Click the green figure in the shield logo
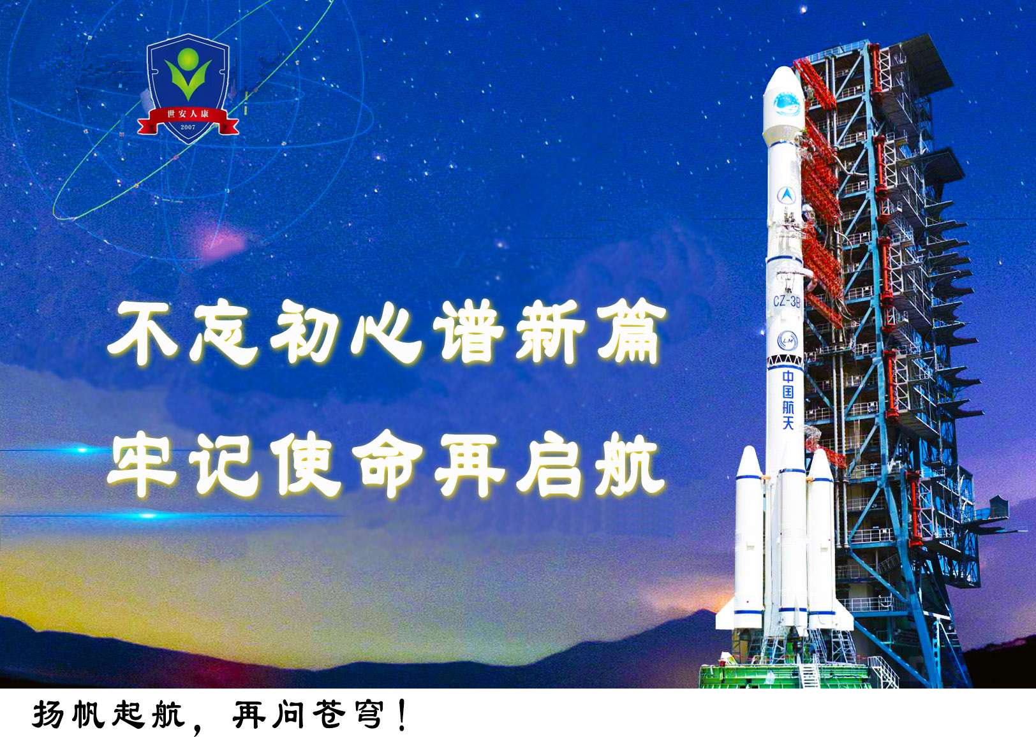click(188, 74)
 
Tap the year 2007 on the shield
click(188, 127)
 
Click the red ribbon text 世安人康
click(188, 113)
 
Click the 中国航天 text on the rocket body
click(788, 400)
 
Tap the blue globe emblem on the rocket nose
click(787, 104)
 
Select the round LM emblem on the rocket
click(787, 341)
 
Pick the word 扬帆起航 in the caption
click(109, 715)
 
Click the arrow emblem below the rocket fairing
click(786, 195)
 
